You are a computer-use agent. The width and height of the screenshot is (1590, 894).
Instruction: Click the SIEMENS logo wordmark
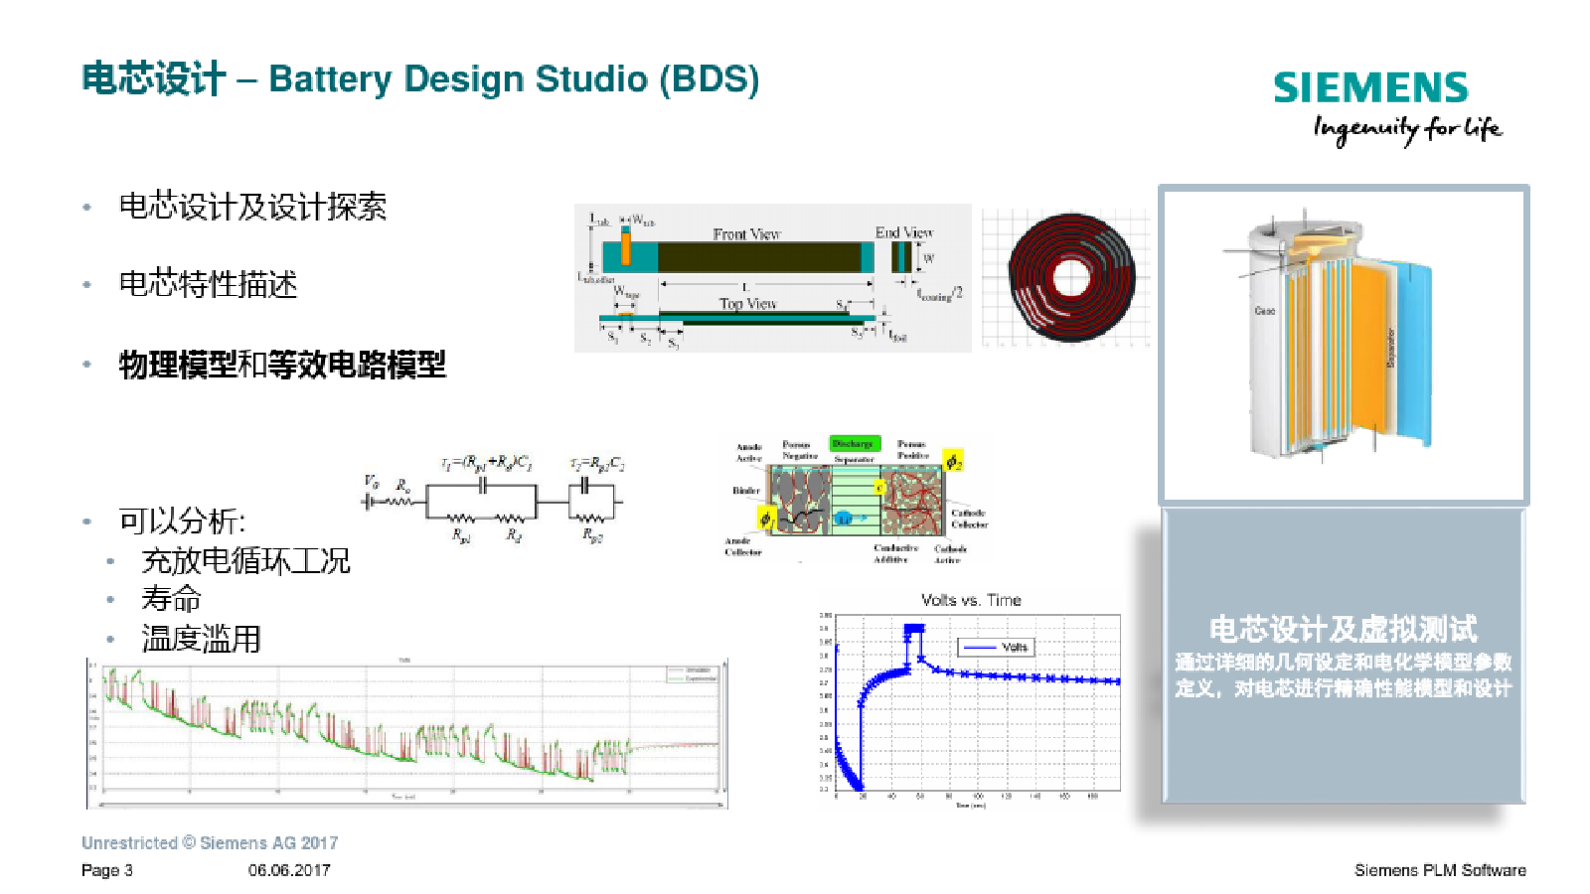[x=1370, y=88]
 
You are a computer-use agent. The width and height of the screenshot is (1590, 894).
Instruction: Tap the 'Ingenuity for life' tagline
[x=1406, y=129]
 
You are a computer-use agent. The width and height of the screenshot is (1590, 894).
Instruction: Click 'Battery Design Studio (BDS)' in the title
[x=514, y=78]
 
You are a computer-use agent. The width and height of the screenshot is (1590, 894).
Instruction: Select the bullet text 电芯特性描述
[x=208, y=285]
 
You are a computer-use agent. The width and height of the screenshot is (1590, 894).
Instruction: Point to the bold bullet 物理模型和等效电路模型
[x=282, y=365]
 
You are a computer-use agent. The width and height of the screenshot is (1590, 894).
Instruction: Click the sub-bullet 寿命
[x=171, y=599]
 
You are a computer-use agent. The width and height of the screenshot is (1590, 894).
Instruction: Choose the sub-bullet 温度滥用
[x=201, y=639]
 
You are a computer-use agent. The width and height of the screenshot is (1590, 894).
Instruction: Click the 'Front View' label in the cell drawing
[x=746, y=233]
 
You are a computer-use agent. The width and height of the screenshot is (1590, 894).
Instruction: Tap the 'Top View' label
[x=747, y=304]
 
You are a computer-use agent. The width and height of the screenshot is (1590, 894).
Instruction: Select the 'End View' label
[x=903, y=232]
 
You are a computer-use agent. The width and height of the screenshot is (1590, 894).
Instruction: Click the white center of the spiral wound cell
[x=1071, y=276]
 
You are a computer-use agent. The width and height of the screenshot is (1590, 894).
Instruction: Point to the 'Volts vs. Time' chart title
[x=971, y=600]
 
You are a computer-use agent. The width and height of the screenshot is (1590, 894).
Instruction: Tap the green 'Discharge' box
[x=853, y=444]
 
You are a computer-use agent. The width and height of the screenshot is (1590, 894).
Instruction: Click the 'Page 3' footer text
[x=107, y=870]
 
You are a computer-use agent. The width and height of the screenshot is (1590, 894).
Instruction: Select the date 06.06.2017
[x=289, y=870]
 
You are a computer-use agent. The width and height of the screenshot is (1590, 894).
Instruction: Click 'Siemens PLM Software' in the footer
[x=1440, y=870]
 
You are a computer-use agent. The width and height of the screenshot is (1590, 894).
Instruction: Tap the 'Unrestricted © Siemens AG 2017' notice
[x=210, y=843]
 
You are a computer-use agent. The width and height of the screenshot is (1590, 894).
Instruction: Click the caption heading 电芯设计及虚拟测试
[x=1343, y=629]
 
